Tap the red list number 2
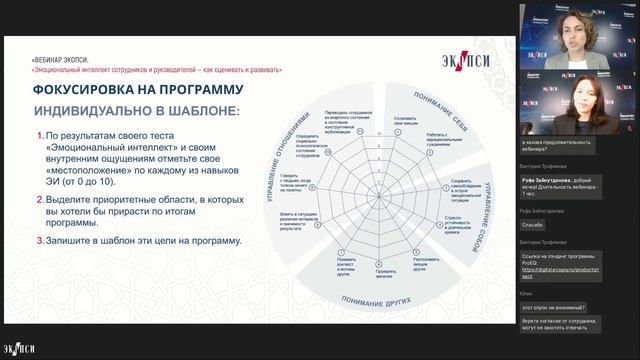[39, 200]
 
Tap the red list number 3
[39, 241]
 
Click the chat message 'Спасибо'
[533, 225]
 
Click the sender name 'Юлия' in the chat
[527, 293]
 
